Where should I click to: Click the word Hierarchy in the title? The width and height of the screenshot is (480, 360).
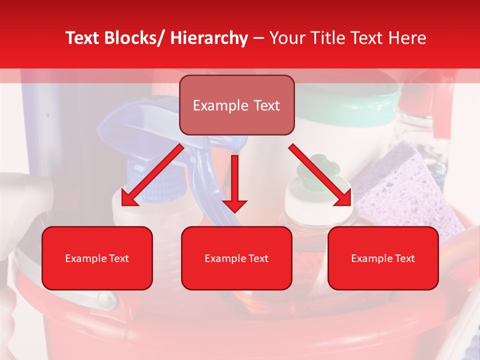(x=209, y=38)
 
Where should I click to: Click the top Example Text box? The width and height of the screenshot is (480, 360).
(x=236, y=105)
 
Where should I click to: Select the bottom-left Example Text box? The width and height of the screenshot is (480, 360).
(x=97, y=258)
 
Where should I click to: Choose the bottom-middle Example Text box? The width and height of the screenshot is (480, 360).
(x=236, y=258)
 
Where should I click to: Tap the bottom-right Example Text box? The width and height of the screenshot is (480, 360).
(x=383, y=258)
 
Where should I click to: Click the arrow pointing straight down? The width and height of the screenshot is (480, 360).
(x=234, y=182)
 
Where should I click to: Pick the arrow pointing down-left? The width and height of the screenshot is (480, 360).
(x=152, y=175)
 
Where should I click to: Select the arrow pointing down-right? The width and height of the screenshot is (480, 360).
(x=320, y=175)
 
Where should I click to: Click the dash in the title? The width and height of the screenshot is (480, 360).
(x=258, y=38)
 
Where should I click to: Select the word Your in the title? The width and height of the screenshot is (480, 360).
(x=286, y=38)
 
